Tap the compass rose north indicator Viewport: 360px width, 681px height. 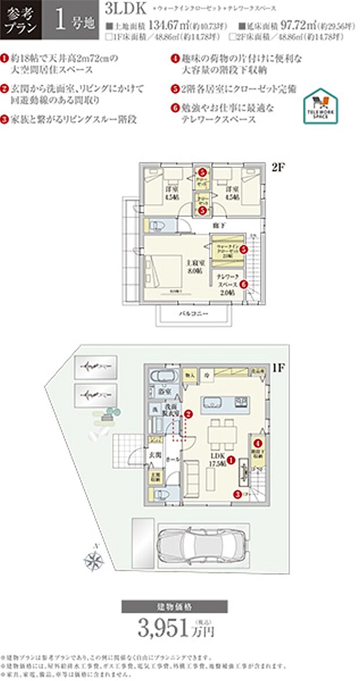(93, 560)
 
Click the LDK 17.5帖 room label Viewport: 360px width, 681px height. (218, 460)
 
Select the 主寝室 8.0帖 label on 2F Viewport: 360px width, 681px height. (193, 266)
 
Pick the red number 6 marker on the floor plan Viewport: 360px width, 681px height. (243, 284)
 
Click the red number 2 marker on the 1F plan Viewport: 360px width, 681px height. (188, 414)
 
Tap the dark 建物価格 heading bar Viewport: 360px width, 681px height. (179, 607)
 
